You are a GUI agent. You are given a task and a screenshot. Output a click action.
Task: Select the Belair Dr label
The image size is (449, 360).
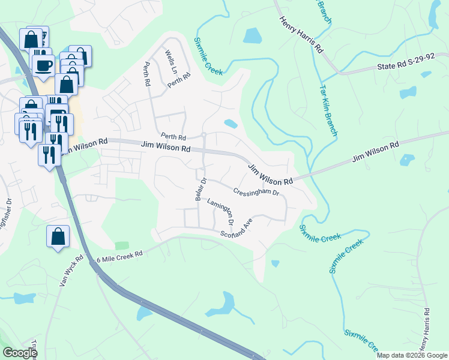coord(201,188)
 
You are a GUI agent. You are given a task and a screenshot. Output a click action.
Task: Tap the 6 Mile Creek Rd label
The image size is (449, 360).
coord(119,255)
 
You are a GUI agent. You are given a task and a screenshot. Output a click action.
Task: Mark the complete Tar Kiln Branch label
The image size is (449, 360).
coord(327,103)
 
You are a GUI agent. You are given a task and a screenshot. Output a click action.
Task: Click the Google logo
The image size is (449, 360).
coord(20,353)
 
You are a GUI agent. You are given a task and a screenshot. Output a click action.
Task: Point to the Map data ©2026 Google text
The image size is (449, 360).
coord(412,355)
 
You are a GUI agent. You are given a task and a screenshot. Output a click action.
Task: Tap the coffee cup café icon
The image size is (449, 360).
coord(43,65)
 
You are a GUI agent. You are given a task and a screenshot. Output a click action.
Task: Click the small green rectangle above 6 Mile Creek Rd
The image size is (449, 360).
coord(122,245)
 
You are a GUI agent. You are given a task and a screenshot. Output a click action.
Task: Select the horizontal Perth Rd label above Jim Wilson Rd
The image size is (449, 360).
coord(173,137)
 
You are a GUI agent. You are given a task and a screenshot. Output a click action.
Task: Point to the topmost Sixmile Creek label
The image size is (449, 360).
coord(208,56)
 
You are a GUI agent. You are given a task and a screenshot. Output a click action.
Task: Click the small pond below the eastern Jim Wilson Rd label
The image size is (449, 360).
coord(406,160)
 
